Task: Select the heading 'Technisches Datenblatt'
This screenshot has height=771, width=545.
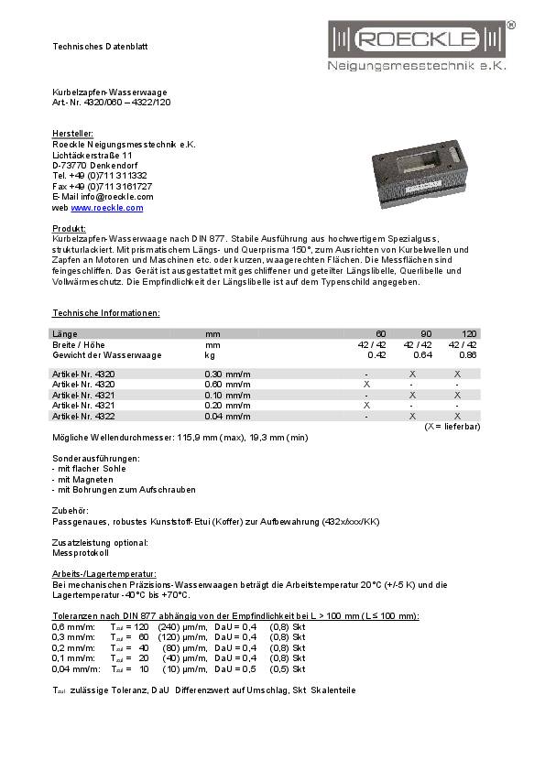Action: pyautogui.click(x=100, y=46)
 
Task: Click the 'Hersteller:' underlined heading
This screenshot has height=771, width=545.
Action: pyautogui.click(x=72, y=134)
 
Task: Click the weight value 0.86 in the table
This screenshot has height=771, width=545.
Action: pyautogui.click(x=467, y=354)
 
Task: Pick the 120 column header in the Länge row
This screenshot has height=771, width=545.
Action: pyautogui.click(x=469, y=333)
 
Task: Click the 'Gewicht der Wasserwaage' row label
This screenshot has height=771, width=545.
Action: pyautogui.click(x=107, y=354)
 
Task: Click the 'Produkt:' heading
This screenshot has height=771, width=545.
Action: pyautogui.click(x=69, y=227)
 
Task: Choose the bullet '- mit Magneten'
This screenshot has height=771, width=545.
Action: pyautogui.click(x=83, y=479)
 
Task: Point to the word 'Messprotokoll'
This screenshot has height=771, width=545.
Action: pyautogui.click(x=81, y=553)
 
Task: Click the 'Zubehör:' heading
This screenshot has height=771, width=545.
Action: pyautogui.click(x=71, y=510)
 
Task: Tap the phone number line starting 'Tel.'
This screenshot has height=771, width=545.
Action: pyautogui.click(x=100, y=175)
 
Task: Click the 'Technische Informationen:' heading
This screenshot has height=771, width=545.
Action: pyautogui.click(x=106, y=313)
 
